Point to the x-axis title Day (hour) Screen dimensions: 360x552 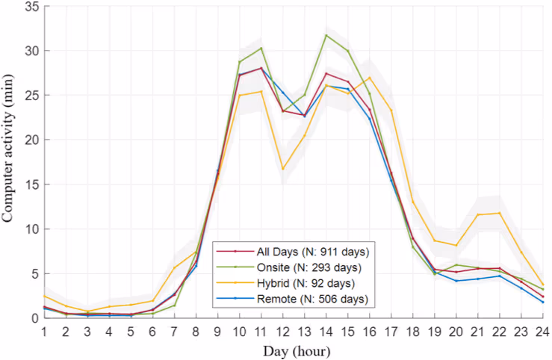pos(298,349)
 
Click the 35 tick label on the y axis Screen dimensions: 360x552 pos(31,7)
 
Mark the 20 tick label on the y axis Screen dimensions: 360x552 pos(31,140)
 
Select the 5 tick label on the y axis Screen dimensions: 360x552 pos(34,273)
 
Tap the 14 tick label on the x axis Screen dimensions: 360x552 pos(326,331)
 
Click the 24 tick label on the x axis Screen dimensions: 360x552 pos(543,331)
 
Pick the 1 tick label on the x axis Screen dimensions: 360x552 pos(45,331)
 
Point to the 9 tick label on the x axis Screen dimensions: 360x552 pos(218,331)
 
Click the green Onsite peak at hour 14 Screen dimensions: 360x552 pos(326,35)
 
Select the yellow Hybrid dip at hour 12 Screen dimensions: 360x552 pos(283,169)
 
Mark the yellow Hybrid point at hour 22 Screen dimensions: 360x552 pos(500,213)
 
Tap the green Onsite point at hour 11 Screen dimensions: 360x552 pos(261,48)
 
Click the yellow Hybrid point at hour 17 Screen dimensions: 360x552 pos(391,111)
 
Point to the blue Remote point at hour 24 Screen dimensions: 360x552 pos(543,302)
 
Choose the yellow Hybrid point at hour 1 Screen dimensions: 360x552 pos(45,296)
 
